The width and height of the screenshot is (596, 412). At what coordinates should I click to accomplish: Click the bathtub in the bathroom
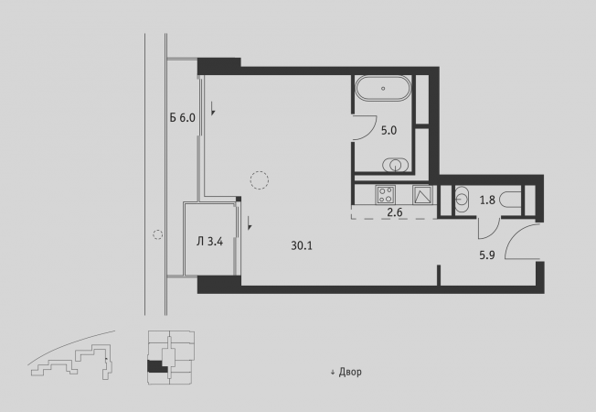click(383, 88)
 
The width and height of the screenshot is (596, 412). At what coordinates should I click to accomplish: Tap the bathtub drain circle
click(383, 88)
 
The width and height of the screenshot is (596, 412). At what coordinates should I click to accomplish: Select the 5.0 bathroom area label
click(388, 131)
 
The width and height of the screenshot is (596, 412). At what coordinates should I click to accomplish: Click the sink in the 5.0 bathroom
click(395, 165)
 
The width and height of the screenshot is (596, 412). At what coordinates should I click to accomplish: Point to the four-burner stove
click(386, 195)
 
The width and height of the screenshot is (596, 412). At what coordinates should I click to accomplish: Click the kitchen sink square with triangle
click(422, 195)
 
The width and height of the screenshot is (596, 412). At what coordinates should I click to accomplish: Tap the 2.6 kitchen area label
click(395, 212)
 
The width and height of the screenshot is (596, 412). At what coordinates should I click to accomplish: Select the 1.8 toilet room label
click(487, 200)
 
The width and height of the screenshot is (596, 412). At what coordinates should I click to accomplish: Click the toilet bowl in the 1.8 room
click(509, 200)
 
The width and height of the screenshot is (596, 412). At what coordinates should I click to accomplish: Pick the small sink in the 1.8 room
click(462, 200)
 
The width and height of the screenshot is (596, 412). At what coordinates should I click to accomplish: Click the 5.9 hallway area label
click(487, 255)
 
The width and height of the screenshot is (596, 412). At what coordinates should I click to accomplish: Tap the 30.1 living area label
click(302, 246)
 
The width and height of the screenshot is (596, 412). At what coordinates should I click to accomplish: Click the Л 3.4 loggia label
click(210, 242)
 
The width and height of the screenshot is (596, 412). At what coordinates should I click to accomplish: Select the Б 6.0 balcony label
click(183, 118)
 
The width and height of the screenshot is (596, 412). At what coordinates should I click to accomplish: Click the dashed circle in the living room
click(260, 180)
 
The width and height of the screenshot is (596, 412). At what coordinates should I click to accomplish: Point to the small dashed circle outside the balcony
click(158, 234)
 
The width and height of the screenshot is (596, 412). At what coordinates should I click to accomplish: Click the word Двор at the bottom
click(350, 372)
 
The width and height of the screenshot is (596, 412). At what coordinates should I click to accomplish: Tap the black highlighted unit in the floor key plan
click(155, 366)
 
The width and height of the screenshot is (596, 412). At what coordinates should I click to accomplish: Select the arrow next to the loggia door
click(250, 223)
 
